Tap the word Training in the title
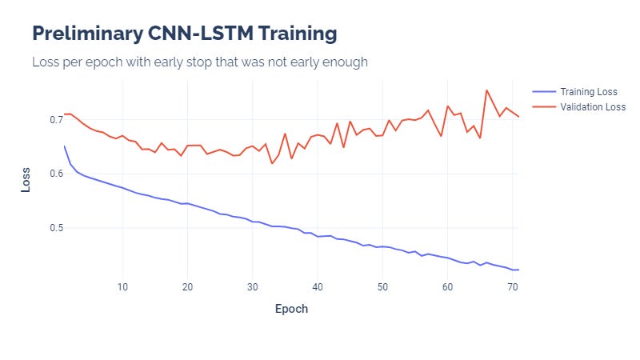[x=295, y=34]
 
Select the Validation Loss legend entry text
[x=593, y=106]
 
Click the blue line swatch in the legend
[x=543, y=91]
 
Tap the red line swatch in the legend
[x=543, y=106]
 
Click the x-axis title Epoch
[x=291, y=308]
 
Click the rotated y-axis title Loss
[x=26, y=178]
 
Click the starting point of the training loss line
[x=64, y=146]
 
